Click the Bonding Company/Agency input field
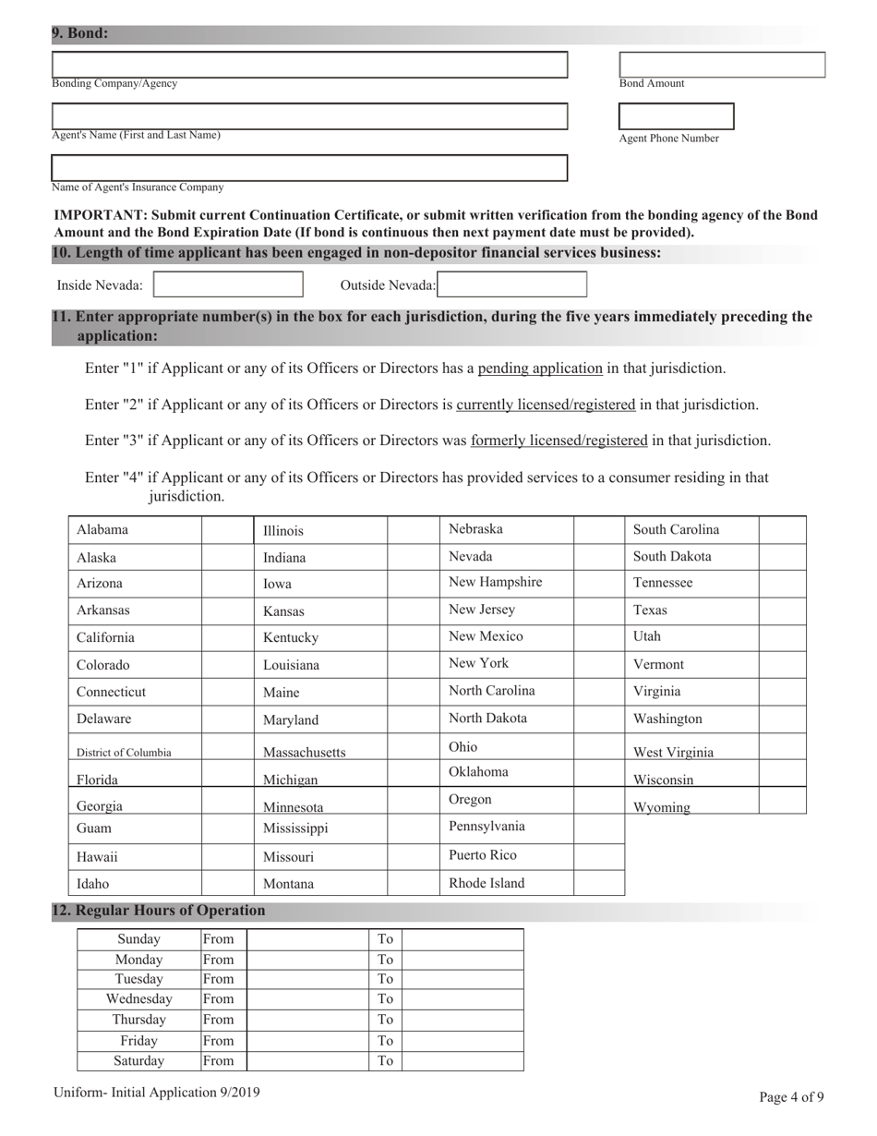pyautogui.click(x=309, y=65)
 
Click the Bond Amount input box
pyautogui.click(x=722, y=65)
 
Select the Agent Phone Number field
pyautogui.click(x=676, y=116)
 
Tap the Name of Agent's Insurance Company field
pyautogui.click(x=309, y=168)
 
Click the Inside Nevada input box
pyautogui.click(x=228, y=284)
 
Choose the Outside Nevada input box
pyautogui.click(x=512, y=284)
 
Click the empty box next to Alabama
pyautogui.click(x=227, y=530)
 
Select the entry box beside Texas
pyautogui.click(x=782, y=610)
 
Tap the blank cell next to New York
pyautogui.click(x=599, y=664)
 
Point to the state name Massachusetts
pyautogui.click(x=305, y=753)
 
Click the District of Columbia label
pyautogui.click(x=124, y=753)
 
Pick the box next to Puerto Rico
pyautogui.click(x=599, y=856)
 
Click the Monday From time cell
pyautogui.click(x=307, y=960)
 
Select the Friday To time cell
pyautogui.click(x=463, y=1041)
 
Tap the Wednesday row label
pyautogui.click(x=139, y=999)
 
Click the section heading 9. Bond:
pyautogui.click(x=80, y=34)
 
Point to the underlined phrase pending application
pyautogui.click(x=540, y=369)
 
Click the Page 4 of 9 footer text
pyautogui.click(x=791, y=1097)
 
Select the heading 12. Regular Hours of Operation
pyautogui.click(x=159, y=911)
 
